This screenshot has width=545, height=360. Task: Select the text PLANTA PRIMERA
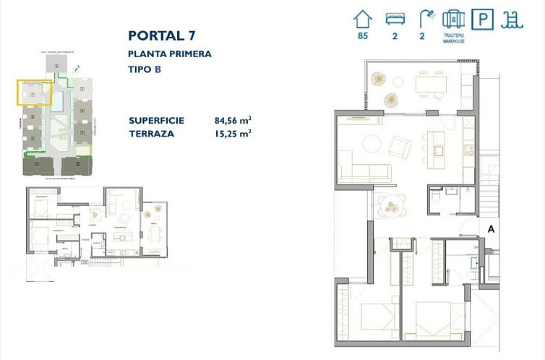(169, 53)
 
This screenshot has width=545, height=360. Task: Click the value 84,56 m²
(233, 121)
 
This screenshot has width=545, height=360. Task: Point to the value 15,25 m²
(233, 134)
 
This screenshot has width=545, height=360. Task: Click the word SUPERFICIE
(156, 121)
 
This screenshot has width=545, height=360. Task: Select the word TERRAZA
(150, 134)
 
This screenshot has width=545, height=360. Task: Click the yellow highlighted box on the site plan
(34, 93)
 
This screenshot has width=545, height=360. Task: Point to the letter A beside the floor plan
(491, 228)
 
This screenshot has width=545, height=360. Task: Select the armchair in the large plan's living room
(400, 147)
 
